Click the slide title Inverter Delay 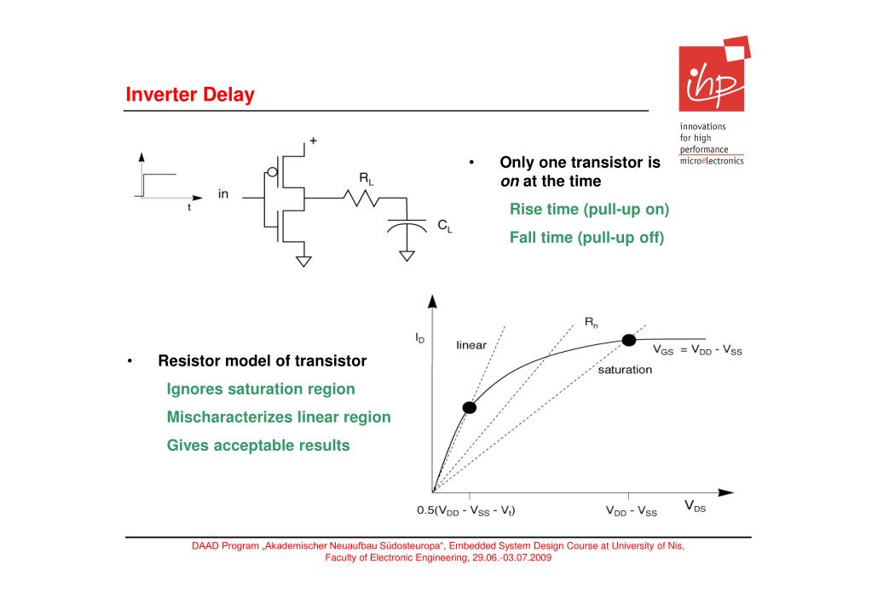pos(190,95)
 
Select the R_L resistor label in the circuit pos(366,178)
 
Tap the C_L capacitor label pos(445,226)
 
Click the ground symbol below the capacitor pos(408,256)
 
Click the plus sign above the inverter pos(313,141)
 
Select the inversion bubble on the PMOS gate pos(272,173)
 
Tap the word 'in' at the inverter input pos(223,194)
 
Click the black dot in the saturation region pos(629,340)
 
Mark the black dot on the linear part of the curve pos(469,407)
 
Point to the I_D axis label pos(420,338)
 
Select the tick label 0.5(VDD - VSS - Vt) pos(465,511)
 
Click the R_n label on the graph pos(591,322)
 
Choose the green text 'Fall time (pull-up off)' pos(586,238)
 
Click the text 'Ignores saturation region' pos(261,389)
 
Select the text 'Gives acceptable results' pos(258,446)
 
